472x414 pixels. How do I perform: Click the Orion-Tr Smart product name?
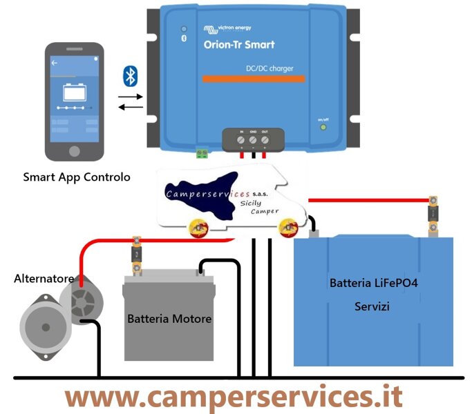(x=238, y=45)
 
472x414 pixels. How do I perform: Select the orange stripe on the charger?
(x=253, y=79)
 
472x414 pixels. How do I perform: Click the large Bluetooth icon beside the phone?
(x=129, y=76)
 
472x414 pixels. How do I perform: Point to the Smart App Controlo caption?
(x=76, y=177)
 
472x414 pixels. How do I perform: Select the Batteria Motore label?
(x=169, y=319)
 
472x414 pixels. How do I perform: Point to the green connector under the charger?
(x=202, y=152)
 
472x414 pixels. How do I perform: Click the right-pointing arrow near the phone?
(x=131, y=96)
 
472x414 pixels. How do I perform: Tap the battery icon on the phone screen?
(x=73, y=92)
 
